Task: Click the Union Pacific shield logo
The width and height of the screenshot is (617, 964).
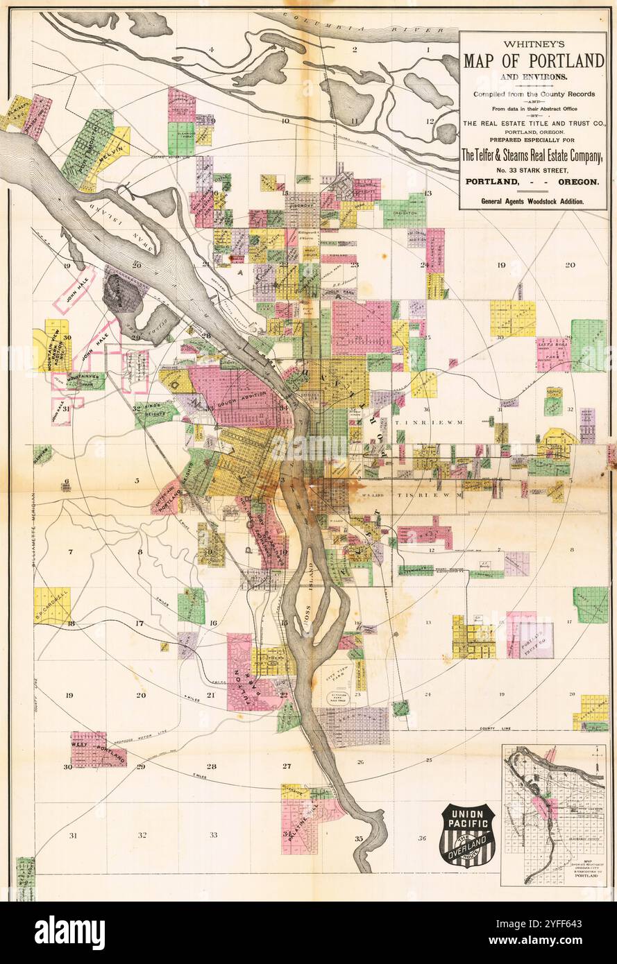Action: [468, 835]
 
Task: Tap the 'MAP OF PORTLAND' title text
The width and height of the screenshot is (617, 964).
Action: [533, 60]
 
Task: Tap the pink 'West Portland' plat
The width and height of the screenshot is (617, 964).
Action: [98, 749]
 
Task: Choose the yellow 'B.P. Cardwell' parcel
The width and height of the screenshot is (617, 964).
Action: [52, 605]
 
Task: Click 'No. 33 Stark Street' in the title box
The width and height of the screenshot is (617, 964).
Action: [532, 169]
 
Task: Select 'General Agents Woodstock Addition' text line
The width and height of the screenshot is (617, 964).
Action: [532, 201]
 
